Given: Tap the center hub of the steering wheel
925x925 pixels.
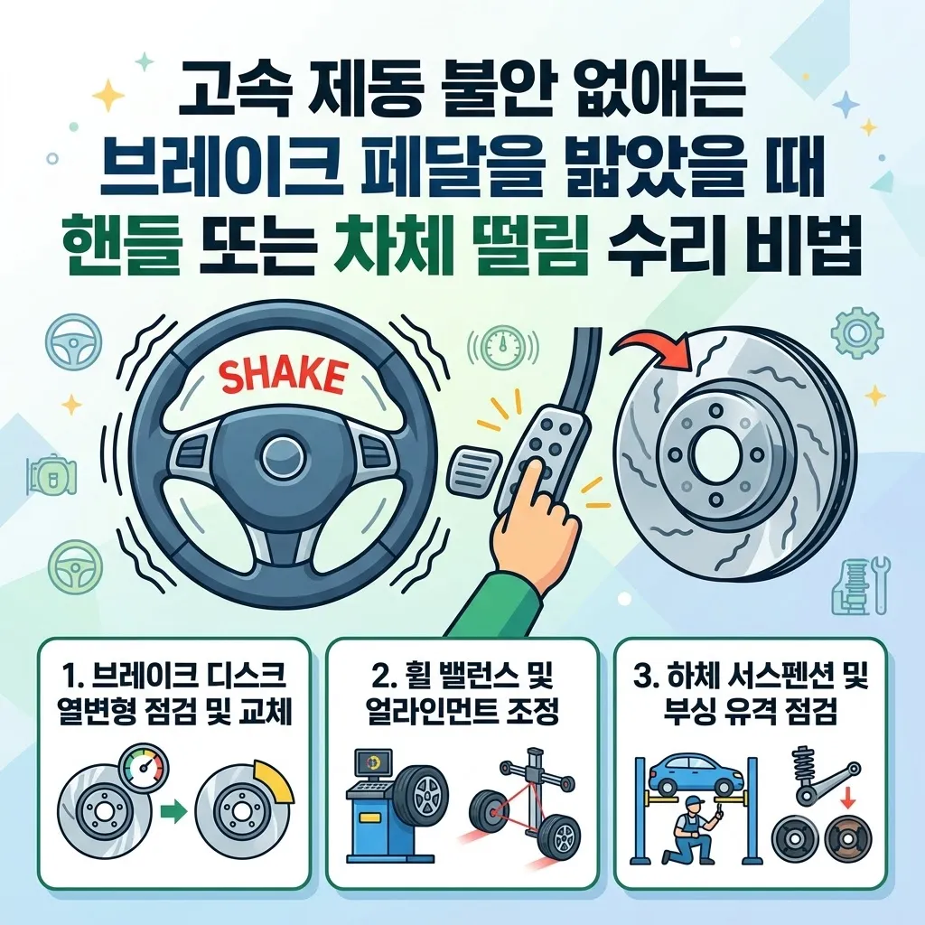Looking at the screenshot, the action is point(281,459).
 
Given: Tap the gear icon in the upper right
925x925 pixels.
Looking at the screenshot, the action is point(857,332).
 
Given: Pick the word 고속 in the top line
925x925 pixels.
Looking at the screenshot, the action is point(235,94).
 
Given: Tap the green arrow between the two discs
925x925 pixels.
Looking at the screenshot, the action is point(173,812).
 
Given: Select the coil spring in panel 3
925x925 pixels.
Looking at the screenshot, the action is point(803,767).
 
